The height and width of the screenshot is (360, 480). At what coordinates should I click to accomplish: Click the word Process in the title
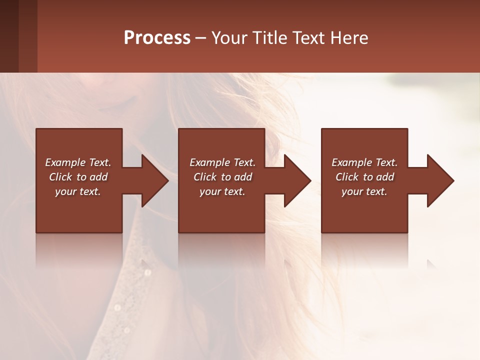157,38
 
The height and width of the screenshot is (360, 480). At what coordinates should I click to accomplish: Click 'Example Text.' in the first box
78,162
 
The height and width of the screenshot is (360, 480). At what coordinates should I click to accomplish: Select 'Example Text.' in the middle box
222,162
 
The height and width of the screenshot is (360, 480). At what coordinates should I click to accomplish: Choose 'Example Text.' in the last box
364,162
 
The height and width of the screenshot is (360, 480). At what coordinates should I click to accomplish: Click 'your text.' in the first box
78,191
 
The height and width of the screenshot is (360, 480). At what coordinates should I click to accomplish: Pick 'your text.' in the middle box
222,191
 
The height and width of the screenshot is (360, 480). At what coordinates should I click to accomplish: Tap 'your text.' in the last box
364,191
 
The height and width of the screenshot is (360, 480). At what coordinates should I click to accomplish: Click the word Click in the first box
61,177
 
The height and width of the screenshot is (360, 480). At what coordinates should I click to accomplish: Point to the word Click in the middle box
205,177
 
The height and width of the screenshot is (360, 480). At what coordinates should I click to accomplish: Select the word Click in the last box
347,177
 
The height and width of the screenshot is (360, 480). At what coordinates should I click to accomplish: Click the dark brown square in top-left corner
9,36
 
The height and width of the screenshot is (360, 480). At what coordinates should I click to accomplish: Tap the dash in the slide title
200,38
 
